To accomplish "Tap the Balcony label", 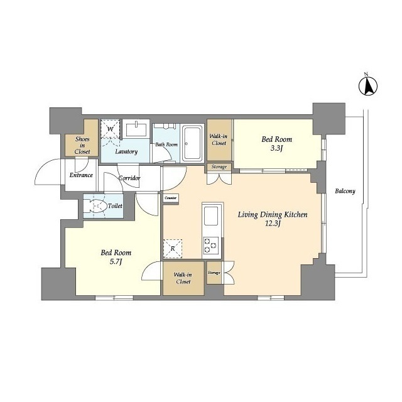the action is coord(345,191).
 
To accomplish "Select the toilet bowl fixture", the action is coord(96,205).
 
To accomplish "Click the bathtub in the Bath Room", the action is coord(192,143).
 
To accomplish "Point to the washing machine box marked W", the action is coord(111,129).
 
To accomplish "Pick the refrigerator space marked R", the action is coord(173,249).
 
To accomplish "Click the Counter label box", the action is coord(171,198).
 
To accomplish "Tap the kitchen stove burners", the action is coord(211,246).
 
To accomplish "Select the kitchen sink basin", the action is coord(211,215).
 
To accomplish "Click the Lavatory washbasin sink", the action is coord(136,129).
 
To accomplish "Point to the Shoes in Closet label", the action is coord(82,145).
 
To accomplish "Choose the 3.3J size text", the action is coord(276,148).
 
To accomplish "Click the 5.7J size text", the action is coord(116,262).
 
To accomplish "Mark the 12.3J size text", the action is coord(273,224).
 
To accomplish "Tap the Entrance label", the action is coord(81,175).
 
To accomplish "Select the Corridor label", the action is coord(129,178).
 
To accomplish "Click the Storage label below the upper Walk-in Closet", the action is coord(219,167).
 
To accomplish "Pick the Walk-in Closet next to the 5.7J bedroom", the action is coord(183,278).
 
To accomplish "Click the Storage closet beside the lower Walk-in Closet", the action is coord(214,273).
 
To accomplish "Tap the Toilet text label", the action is coord(115,206).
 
